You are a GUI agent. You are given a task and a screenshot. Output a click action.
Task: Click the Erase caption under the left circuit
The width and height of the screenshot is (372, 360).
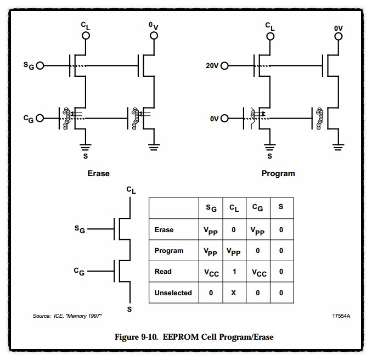99,173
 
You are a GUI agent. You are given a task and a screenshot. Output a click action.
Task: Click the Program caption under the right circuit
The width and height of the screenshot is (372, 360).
278,173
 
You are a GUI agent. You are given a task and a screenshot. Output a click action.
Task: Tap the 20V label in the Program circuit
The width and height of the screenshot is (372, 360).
212,65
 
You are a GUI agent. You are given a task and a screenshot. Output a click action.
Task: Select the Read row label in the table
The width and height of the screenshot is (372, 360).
163,272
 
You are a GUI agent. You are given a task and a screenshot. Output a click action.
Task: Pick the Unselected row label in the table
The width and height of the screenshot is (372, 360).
173,292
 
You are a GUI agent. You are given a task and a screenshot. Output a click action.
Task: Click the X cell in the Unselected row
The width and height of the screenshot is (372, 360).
234,292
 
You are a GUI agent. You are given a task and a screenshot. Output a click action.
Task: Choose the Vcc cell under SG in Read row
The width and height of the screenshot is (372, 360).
211,272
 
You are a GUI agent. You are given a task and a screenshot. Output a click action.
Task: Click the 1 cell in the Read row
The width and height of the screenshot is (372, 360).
234,272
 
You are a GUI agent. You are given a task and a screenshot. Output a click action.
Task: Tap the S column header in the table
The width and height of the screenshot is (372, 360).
281,207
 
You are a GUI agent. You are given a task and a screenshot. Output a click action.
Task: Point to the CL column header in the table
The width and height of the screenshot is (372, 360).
234,208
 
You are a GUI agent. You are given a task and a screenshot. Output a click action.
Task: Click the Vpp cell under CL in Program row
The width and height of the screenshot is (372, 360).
234,251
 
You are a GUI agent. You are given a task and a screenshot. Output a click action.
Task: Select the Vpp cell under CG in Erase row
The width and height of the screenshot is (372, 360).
258,230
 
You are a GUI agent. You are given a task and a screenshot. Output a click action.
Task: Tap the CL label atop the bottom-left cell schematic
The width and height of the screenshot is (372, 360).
131,190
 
